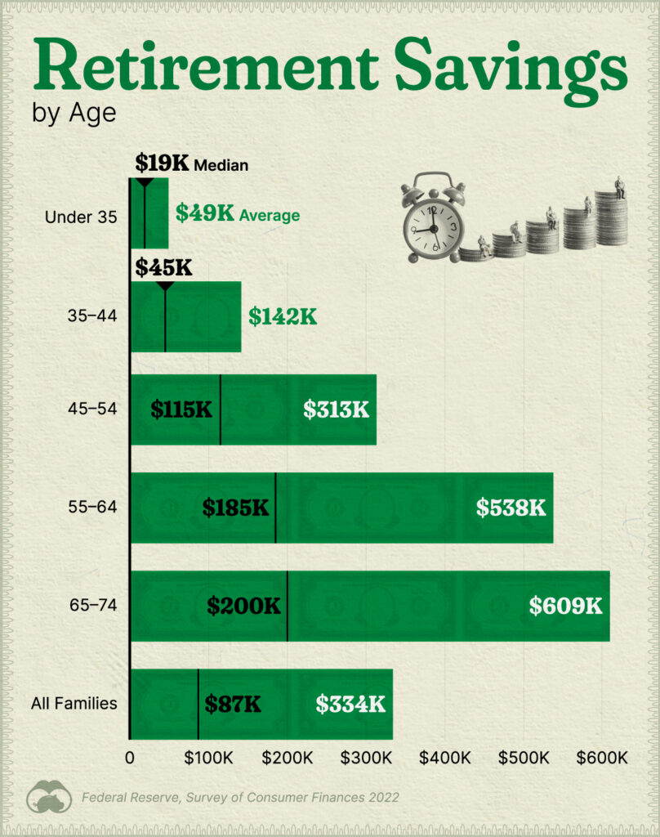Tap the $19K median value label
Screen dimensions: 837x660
[x=162, y=163]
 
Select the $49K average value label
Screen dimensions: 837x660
[x=205, y=215]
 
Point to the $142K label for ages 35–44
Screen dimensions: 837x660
[x=283, y=317]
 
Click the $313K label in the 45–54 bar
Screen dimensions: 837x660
[x=336, y=410]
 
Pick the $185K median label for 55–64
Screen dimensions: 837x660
[x=235, y=508]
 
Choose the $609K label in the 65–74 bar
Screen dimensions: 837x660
[x=565, y=606]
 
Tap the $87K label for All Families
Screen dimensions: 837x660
[x=233, y=704]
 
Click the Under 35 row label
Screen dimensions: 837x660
[x=82, y=217]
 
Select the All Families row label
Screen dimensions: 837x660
[x=74, y=703]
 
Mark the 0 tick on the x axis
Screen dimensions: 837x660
[x=130, y=757]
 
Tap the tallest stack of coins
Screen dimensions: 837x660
[x=611, y=217]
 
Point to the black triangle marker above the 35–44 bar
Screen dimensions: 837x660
[x=165, y=286]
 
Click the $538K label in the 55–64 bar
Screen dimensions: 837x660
[x=511, y=508]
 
